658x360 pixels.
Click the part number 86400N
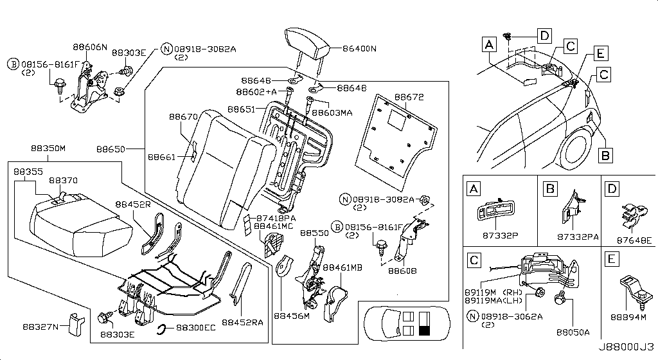tap(359, 48)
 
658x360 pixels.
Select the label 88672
tap(409, 97)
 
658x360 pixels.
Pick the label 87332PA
tap(576, 237)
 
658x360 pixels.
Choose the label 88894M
tap(628, 316)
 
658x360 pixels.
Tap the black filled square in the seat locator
tap(424, 331)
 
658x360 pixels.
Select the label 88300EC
tap(197, 327)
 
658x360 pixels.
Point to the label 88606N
tap(89, 48)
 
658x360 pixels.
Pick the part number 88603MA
tap(337, 113)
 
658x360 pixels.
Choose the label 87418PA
tap(276, 218)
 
